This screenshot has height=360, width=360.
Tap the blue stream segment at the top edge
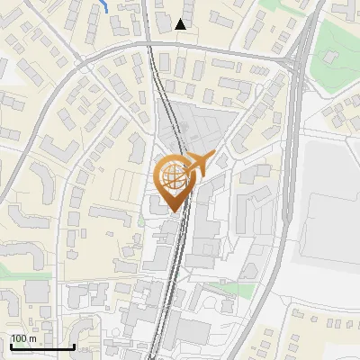(x=105, y=5)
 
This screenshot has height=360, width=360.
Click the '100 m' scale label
(x=23, y=337)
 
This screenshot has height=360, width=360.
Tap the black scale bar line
(x=41, y=346)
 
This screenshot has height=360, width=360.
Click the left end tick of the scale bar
(x=10, y=344)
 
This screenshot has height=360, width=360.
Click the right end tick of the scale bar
(x=74, y=344)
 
